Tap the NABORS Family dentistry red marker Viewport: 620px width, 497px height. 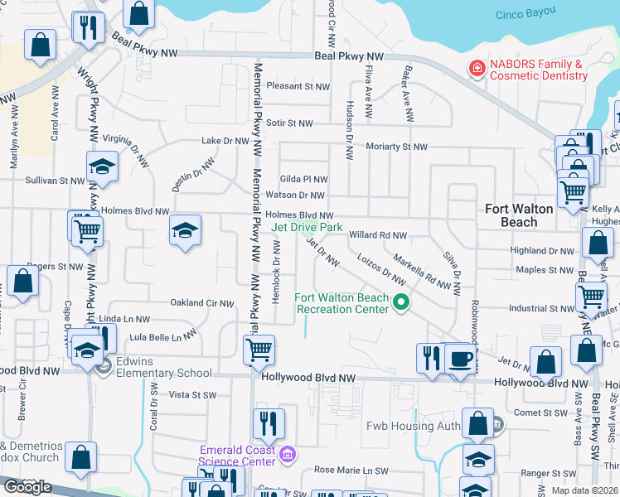(477, 69)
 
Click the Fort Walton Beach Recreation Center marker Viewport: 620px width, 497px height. (401, 303)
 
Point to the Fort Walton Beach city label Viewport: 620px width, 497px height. (519, 215)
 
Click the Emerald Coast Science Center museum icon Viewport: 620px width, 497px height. (288, 455)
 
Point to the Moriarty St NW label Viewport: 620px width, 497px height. (396, 147)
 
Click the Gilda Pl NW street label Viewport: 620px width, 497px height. (303, 179)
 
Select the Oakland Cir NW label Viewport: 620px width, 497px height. (202, 303)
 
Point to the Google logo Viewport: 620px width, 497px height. (27, 487)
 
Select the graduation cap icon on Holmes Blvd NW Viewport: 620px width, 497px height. (185, 231)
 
